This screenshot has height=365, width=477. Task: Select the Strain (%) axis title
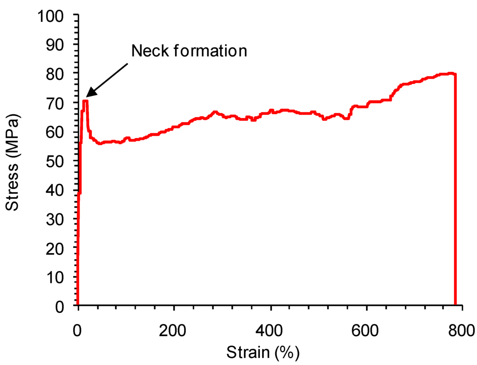pos(263,351)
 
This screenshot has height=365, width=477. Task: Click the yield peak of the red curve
pos(85,101)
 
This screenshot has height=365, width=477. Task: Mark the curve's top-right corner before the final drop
pos(454,74)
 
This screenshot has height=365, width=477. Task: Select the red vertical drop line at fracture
pos(455,196)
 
